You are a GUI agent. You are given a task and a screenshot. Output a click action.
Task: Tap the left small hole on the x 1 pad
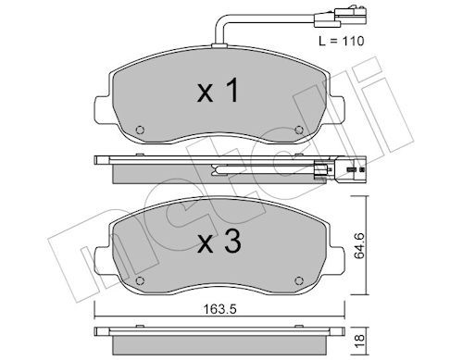pyautogui.click(x=139, y=129)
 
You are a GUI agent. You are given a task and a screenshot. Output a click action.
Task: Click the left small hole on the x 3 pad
pyautogui.click(x=139, y=280)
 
